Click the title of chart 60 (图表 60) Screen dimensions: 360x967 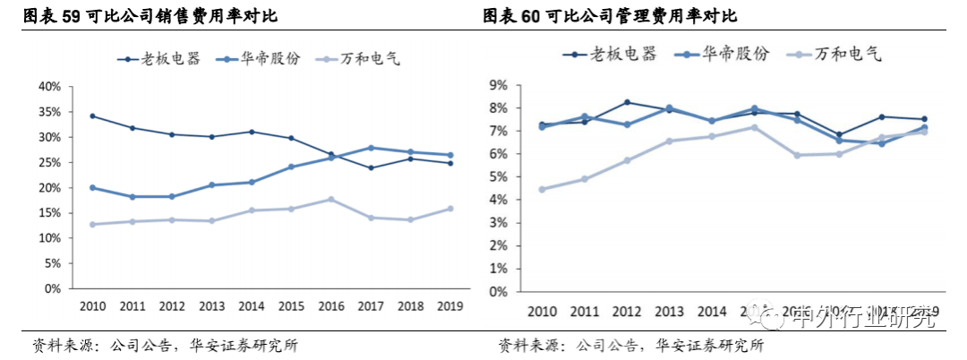[617, 16]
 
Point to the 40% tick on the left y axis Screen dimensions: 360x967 [48, 87]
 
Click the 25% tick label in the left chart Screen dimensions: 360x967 [48, 163]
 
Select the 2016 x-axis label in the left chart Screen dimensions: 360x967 [330, 306]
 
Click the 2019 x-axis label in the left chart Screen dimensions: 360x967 [449, 306]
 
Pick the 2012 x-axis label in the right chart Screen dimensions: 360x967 [627, 312]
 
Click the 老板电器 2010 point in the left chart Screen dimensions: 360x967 [92, 116]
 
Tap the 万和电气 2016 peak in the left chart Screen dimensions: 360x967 [330, 199]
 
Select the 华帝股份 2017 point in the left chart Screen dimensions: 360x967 [371, 148]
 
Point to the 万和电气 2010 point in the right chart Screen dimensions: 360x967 [542, 189]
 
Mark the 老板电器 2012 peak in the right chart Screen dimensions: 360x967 [627, 102]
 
